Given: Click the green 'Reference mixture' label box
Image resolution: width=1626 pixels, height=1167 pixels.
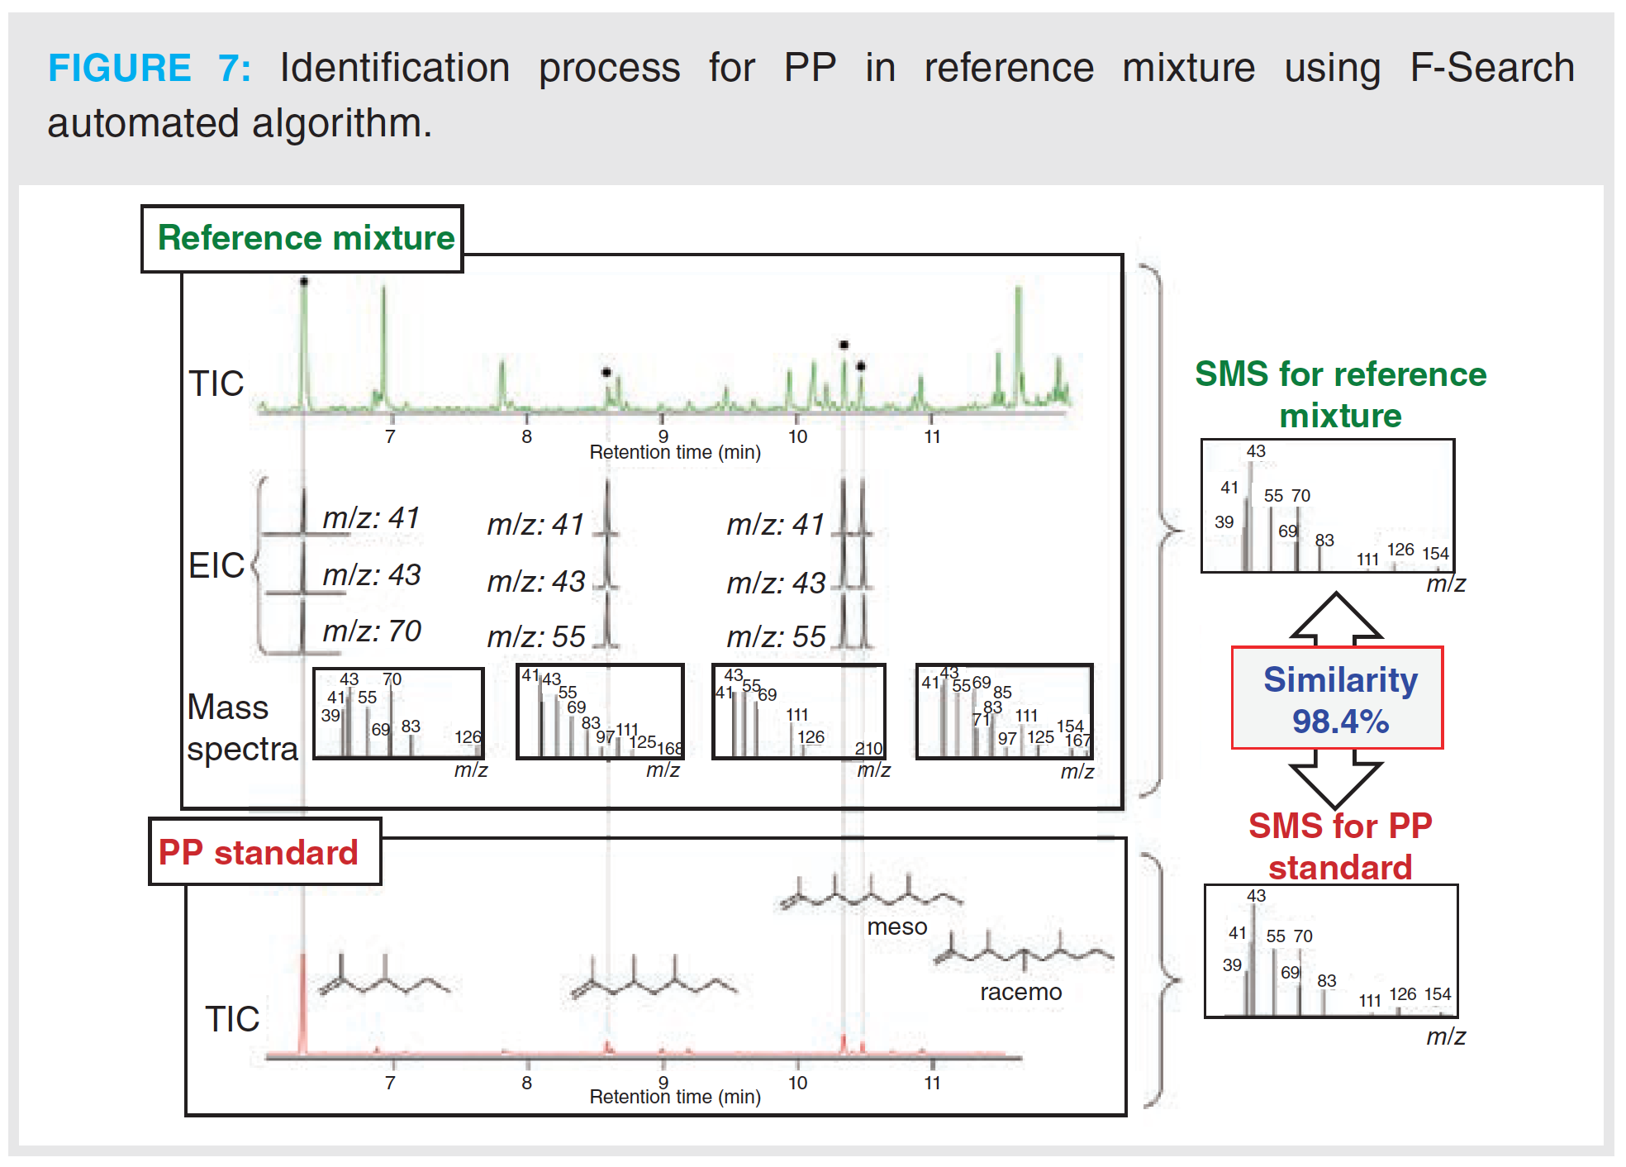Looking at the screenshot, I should click(x=302, y=238).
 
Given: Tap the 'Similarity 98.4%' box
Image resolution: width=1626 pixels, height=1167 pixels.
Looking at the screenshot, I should click(x=1338, y=698).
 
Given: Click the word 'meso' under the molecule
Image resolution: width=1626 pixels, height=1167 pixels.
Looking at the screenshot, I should click(x=897, y=927).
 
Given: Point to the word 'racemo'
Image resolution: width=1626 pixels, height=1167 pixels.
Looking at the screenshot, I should click(x=1020, y=992).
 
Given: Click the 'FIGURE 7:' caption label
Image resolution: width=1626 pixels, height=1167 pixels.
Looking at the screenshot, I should click(x=149, y=68).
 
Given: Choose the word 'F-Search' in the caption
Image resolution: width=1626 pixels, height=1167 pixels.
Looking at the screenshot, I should click(x=1491, y=68).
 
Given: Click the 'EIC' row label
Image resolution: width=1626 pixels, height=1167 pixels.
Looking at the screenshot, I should click(x=216, y=565).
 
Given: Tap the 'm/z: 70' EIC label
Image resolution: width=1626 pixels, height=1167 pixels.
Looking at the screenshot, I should click(x=371, y=631).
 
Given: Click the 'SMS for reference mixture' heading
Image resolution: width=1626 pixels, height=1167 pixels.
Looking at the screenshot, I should click(x=1340, y=394).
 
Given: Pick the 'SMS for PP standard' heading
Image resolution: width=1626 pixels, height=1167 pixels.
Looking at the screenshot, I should click(x=1340, y=846).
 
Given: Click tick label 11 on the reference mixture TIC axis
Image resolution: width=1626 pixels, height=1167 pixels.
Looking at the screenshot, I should click(x=932, y=436).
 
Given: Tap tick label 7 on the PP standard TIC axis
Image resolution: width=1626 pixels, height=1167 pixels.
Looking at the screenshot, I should click(x=390, y=1083).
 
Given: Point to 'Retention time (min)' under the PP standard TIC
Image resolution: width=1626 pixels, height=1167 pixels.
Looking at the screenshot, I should click(x=675, y=1097).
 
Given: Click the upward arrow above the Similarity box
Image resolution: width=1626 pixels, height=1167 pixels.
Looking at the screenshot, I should click(x=1336, y=616).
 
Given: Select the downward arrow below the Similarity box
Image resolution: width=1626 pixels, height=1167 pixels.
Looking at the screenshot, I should click(x=1336, y=781).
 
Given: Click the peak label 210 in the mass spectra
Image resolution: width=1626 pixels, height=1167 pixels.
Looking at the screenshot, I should click(x=868, y=748).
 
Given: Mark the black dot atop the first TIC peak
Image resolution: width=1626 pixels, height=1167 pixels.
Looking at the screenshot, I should click(x=304, y=282).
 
